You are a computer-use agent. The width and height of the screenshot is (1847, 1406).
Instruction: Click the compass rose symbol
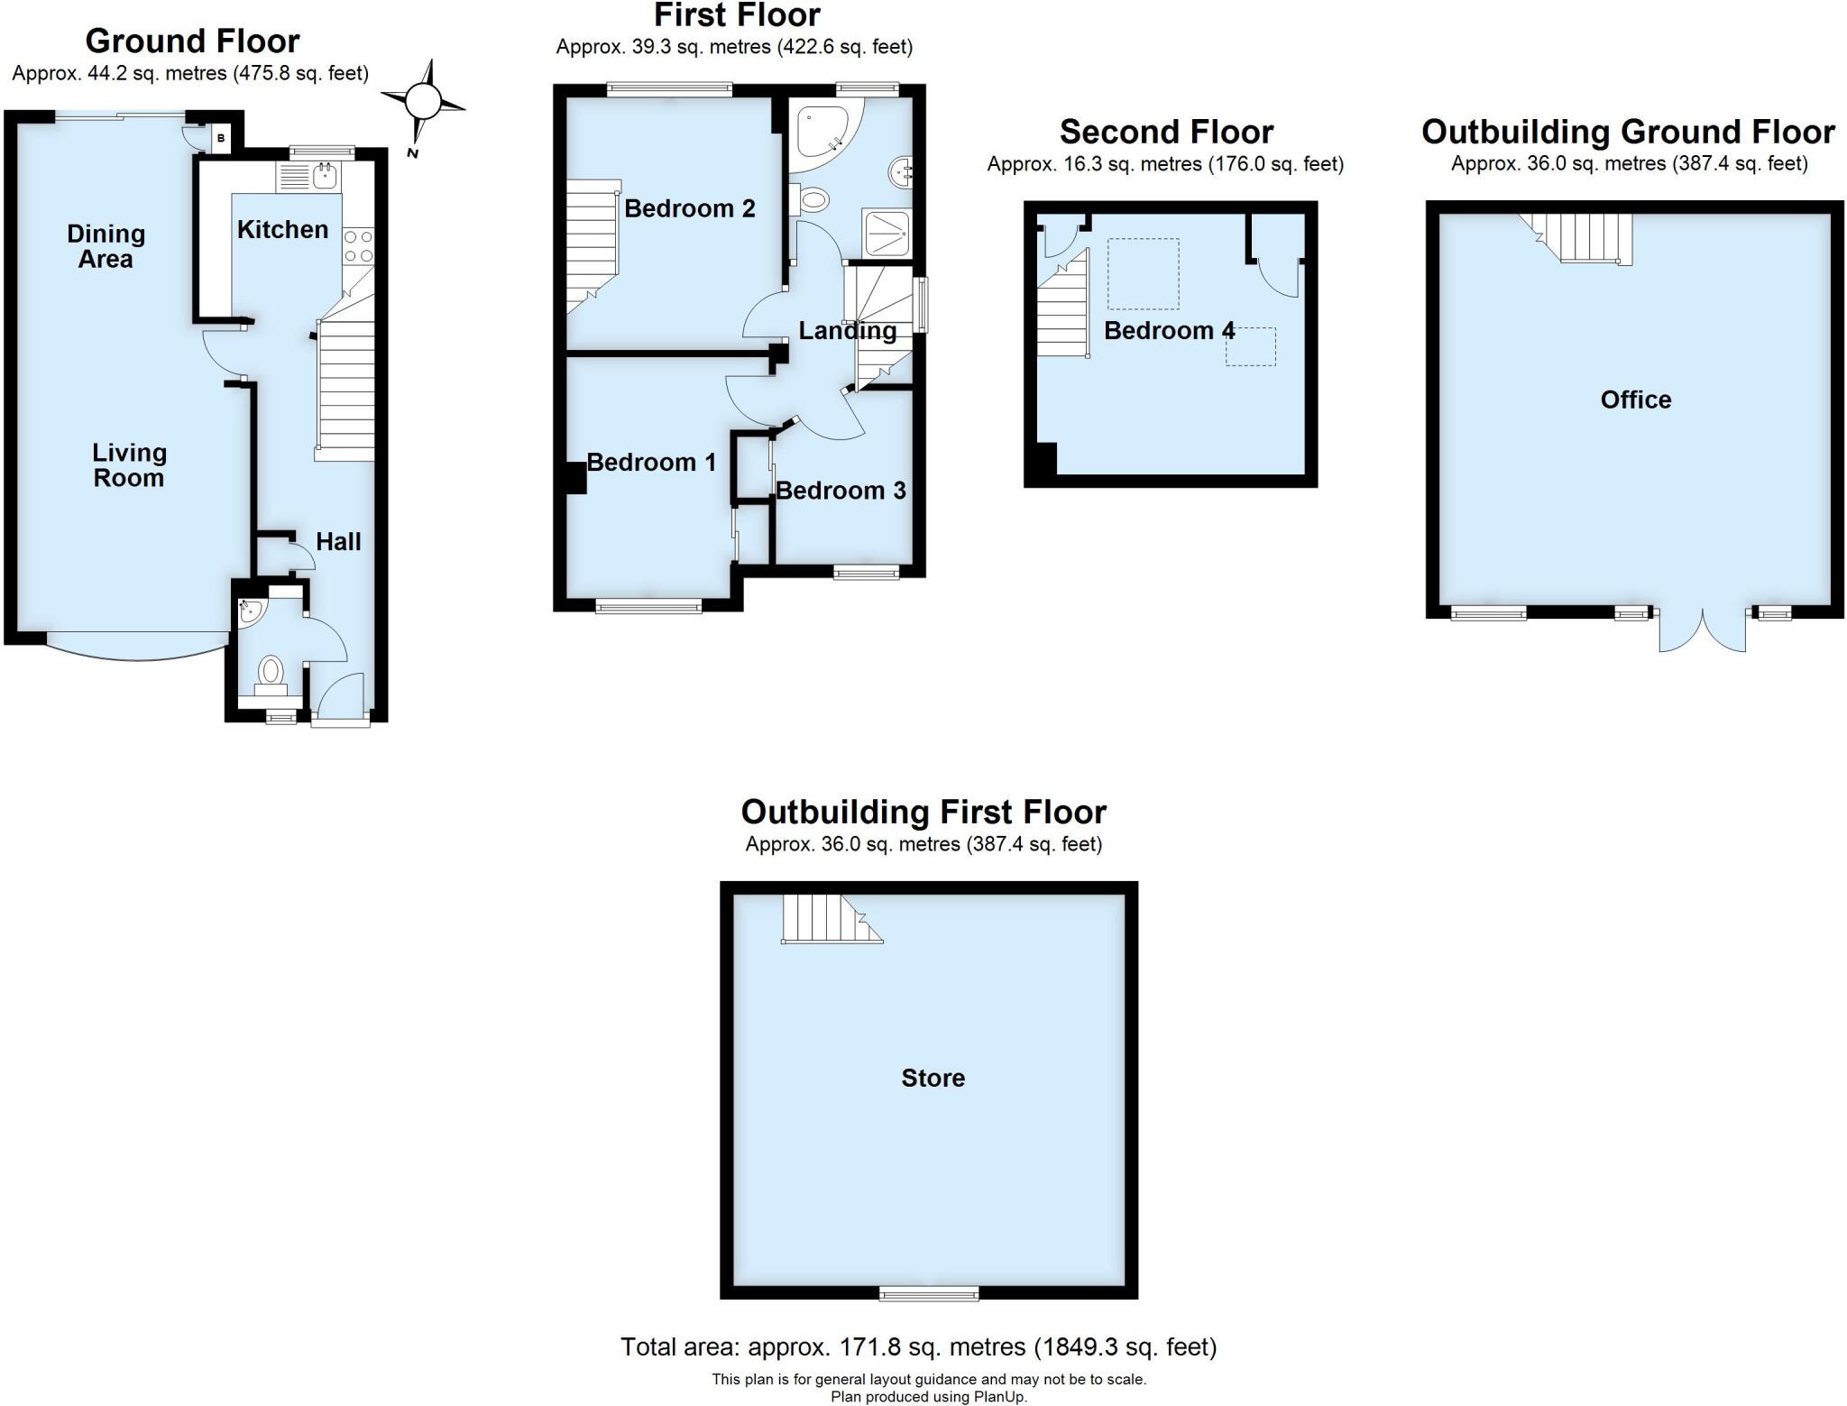pyautogui.click(x=422, y=101)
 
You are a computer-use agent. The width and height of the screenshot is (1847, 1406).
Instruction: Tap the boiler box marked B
pyautogui.click(x=221, y=139)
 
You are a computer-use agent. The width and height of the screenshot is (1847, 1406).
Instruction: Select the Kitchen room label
pyautogui.click(x=282, y=230)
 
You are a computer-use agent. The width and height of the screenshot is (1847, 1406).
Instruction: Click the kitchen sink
pyautogui.click(x=324, y=176)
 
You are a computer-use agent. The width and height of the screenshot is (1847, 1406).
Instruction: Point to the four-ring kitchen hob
pyautogui.click(x=358, y=246)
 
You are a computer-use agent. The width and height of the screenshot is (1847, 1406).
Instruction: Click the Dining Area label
pyautogui.click(x=106, y=246)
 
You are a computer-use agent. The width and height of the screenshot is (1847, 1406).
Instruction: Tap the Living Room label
pyautogui.click(x=129, y=465)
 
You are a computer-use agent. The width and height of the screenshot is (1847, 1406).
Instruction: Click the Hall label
pyautogui.click(x=338, y=541)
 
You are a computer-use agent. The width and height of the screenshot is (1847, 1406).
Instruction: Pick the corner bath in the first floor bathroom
pyautogui.click(x=820, y=133)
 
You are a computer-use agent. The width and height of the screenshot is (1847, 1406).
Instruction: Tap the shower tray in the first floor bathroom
pyautogui.click(x=887, y=234)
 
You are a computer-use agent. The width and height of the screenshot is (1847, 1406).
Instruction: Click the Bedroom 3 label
pyautogui.click(x=841, y=491)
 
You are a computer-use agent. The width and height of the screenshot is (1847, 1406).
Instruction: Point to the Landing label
pyautogui.click(x=847, y=331)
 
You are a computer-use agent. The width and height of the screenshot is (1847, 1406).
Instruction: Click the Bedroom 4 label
pyautogui.click(x=1169, y=331)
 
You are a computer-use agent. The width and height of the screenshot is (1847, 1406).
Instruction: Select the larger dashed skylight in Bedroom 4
pyautogui.click(x=1143, y=272)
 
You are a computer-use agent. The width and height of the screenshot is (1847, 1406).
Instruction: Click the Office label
pyautogui.click(x=1635, y=400)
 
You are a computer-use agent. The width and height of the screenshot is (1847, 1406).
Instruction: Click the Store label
pyautogui.click(x=933, y=1078)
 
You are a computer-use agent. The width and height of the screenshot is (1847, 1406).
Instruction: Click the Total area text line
pyautogui.click(x=918, y=1347)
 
